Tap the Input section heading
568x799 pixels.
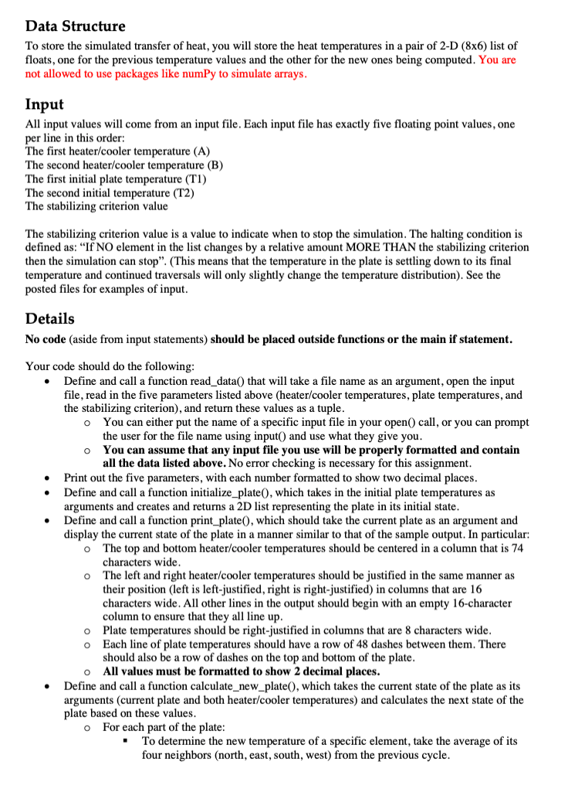click(x=45, y=104)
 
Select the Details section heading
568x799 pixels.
click(x=50, y=318)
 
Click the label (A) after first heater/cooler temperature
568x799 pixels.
click(x=198, y=151)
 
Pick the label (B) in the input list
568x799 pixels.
click(x=211, y=165)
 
